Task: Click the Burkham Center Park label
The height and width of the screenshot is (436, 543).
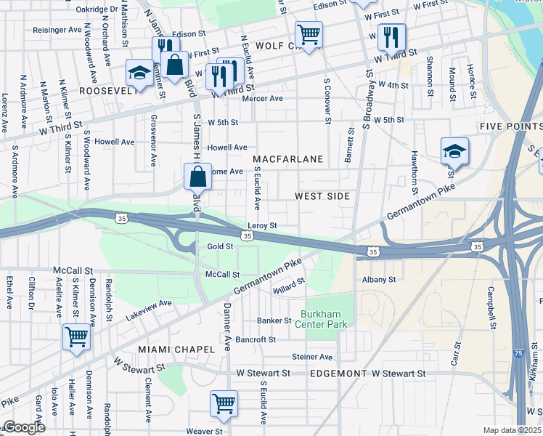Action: pos(321,320)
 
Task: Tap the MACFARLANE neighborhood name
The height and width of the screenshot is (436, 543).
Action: pos(297,158)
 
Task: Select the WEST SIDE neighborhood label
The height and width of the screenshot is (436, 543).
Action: pos(322,196)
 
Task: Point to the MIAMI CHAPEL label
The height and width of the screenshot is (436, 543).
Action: pos(176,350)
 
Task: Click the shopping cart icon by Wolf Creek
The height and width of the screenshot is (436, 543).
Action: pos(309,34)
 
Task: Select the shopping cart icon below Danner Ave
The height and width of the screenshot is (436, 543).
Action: pos(224,403)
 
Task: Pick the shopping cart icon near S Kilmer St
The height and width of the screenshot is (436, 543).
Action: pos(75,337)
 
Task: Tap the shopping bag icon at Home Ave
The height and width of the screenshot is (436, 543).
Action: pos(197,177)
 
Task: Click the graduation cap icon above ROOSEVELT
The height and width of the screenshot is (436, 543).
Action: pos(139,73)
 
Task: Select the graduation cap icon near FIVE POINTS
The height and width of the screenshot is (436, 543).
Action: pos(454,150)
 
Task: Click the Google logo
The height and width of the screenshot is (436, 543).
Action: pos(23,427)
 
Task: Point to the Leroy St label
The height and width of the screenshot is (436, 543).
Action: pos(262,226)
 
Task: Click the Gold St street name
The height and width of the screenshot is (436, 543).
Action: pos(220,246)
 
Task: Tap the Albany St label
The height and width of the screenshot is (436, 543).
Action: pos(378,279)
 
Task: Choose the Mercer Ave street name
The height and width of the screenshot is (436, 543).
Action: pos(262,98)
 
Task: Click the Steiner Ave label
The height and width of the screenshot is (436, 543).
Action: pos(311,357)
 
